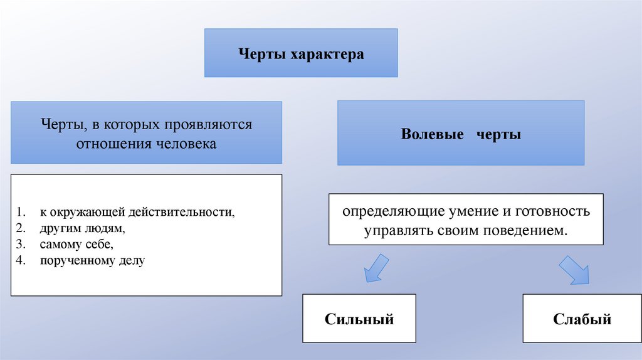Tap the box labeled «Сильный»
pos(359,319)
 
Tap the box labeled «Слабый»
pos(582,319)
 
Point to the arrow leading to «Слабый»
pos(574,268)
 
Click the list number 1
pos(20,212)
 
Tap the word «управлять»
pos(394,230)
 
